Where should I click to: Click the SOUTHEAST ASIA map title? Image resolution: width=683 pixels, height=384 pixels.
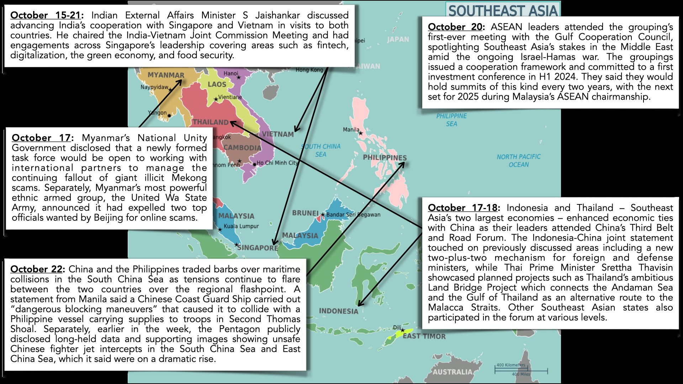(503, 11)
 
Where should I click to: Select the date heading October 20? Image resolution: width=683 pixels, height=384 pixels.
(455, 27)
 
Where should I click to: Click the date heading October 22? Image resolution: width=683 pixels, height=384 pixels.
(37, 269)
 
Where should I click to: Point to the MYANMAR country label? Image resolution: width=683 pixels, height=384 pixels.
(166, 75)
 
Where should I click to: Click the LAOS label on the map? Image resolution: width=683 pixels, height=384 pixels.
(217, 84)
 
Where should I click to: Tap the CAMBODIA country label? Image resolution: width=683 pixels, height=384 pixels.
(242, 148)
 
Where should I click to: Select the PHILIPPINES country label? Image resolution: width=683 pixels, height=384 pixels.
(385, 158)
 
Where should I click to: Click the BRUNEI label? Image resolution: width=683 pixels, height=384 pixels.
(305, 213)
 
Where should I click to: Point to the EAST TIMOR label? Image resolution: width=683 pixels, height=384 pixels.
(424, 336)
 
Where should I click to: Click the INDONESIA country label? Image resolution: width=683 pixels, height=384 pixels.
(338, 311)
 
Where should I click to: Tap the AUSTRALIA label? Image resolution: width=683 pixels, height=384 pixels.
(452, 372)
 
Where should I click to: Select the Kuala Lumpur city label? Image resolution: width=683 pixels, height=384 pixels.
(241, 226)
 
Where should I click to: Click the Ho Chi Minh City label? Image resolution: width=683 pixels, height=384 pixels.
(277, 163)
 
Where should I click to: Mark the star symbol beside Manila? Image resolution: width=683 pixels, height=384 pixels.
(361, 133)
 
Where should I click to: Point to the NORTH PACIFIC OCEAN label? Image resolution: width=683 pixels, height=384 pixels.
(519, 160)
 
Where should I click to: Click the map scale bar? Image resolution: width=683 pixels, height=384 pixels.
(521, 370)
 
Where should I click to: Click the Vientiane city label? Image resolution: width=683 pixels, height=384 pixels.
(230, 97)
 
